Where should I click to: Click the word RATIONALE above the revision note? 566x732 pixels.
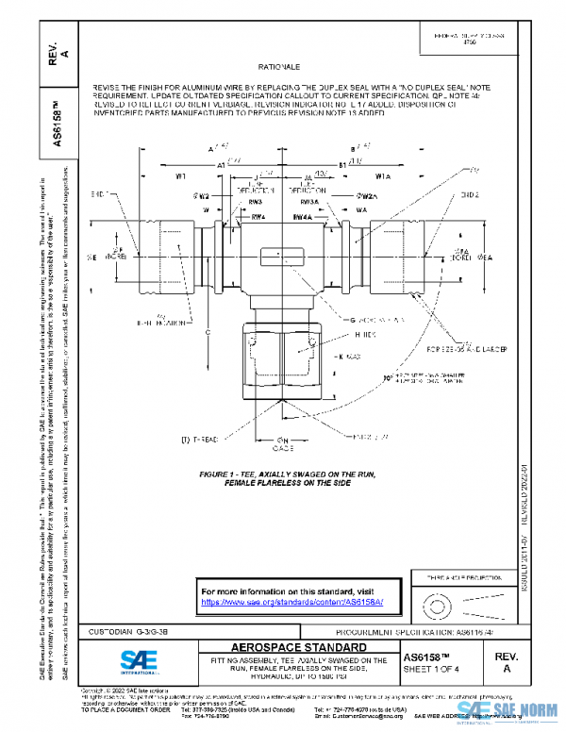277,69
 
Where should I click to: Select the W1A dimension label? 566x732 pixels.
383,176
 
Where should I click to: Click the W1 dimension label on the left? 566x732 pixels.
180,176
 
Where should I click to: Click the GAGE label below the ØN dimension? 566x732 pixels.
282,449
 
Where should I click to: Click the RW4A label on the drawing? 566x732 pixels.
302,216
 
